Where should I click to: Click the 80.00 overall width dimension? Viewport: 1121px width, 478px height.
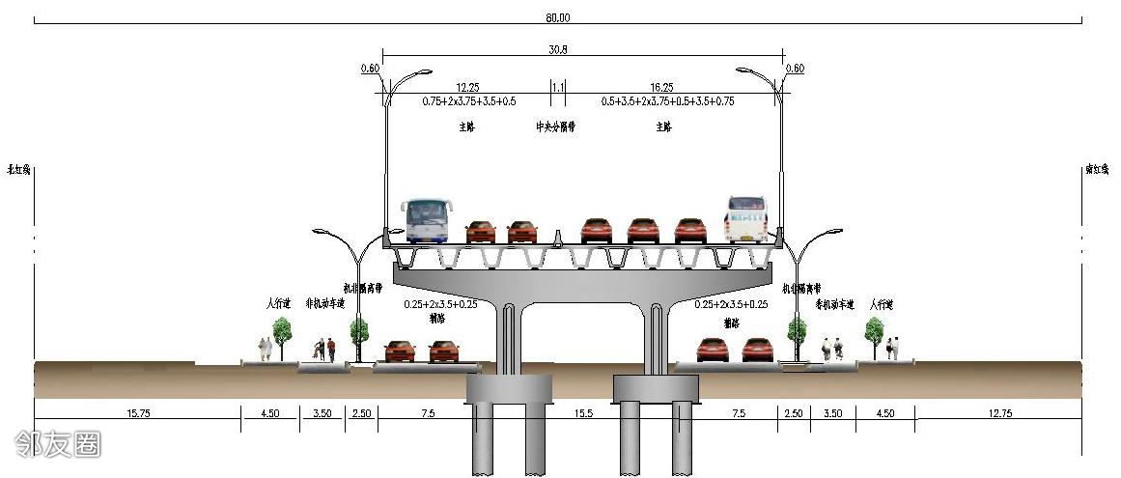click(557, 17)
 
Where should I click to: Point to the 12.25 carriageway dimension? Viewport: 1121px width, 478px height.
click(468, 87)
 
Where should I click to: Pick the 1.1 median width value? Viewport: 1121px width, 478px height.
click(557, 87)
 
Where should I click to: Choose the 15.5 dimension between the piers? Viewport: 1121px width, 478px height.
click(582, 413)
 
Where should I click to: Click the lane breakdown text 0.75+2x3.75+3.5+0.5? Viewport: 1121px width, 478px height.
click(468, 100)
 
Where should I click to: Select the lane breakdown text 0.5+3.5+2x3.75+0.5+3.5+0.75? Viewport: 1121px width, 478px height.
click(667, 100)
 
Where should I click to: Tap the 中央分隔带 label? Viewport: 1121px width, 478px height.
click(556, 127)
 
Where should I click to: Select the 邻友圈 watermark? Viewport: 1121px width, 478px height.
click(58, 443)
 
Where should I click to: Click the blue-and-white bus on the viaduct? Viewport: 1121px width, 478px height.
click(426, 220)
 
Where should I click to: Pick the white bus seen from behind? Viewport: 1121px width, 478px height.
click(746, 219)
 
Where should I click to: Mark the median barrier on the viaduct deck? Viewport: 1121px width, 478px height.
click(558, 237)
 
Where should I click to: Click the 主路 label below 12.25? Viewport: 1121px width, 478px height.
click(468, 127)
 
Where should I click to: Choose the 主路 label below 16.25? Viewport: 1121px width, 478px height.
click(663, 127)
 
